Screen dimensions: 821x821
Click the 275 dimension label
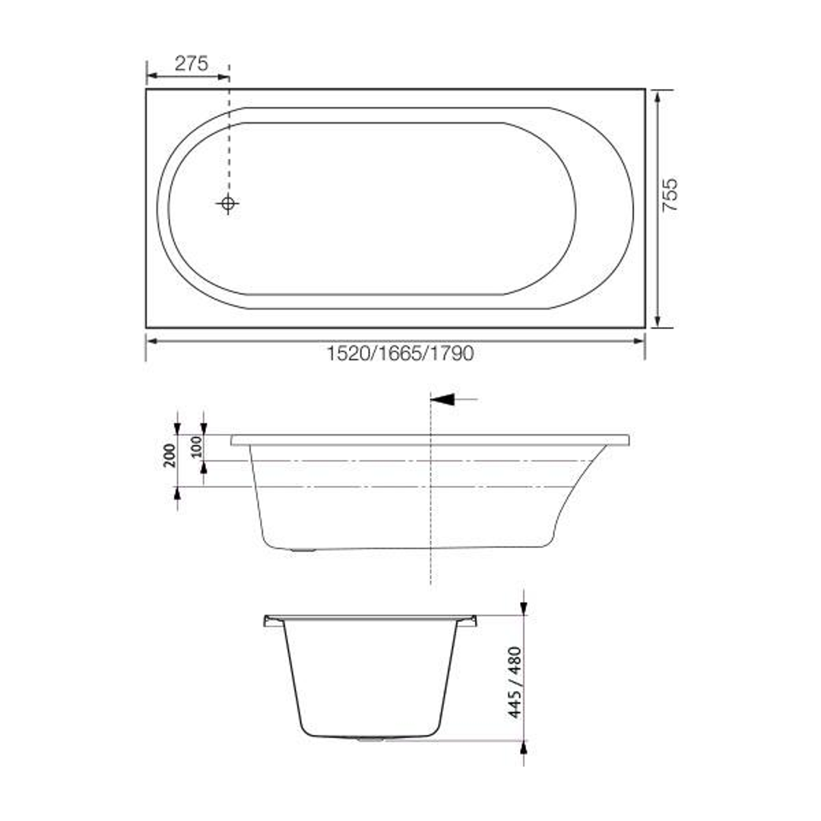(192, 64)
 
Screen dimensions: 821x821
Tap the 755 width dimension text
(670, 195)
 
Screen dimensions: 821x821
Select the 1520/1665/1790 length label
(400, 353)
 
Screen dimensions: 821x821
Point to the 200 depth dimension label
(170, 455)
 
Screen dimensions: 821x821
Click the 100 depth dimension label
(197, 447)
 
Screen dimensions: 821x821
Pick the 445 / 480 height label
(515, 683)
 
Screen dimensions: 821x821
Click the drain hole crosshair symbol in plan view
(227, 204)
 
